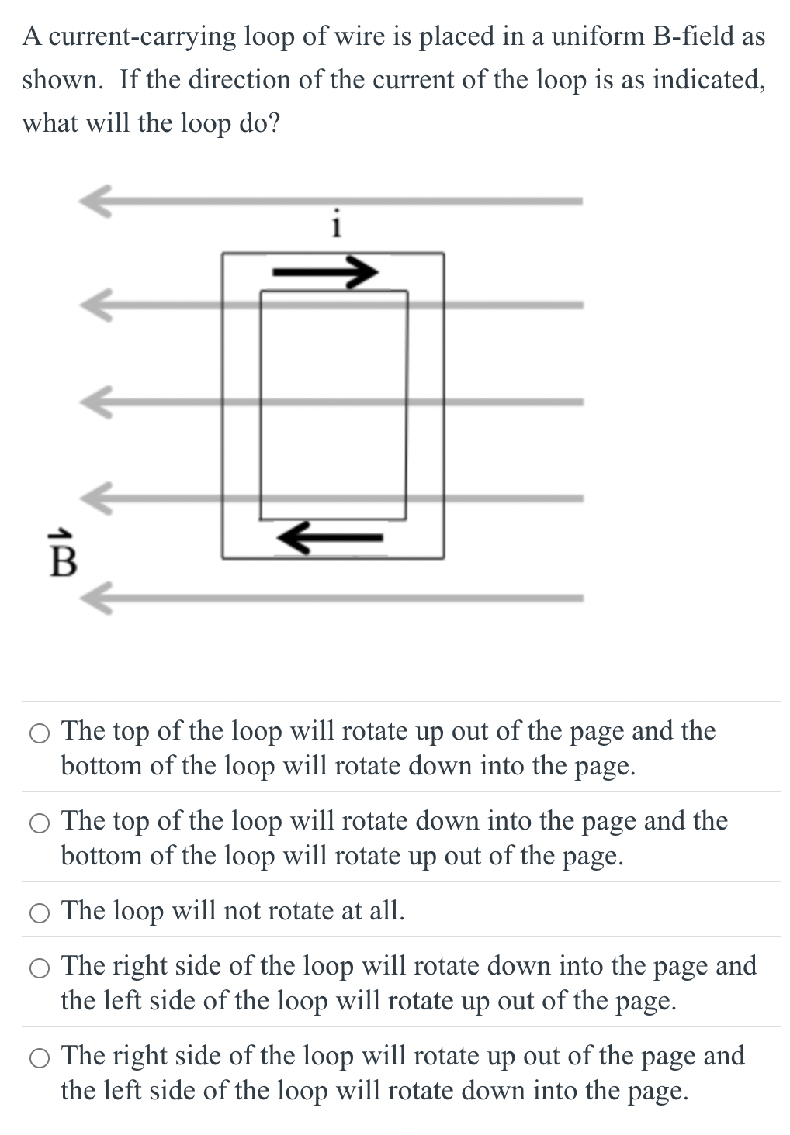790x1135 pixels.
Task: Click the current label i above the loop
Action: coord(336,224)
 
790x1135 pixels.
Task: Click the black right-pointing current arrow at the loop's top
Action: coord(325,271)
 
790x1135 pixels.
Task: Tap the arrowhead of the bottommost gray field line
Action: coord(96,598)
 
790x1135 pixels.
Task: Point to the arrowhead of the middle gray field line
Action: coord(96,402)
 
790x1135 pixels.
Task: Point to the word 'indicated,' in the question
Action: coord(709,80)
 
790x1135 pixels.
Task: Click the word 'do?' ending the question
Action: coord(259,123)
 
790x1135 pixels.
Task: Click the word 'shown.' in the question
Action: coord(62,80)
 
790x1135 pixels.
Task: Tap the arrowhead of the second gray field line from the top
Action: coord(96,305)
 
